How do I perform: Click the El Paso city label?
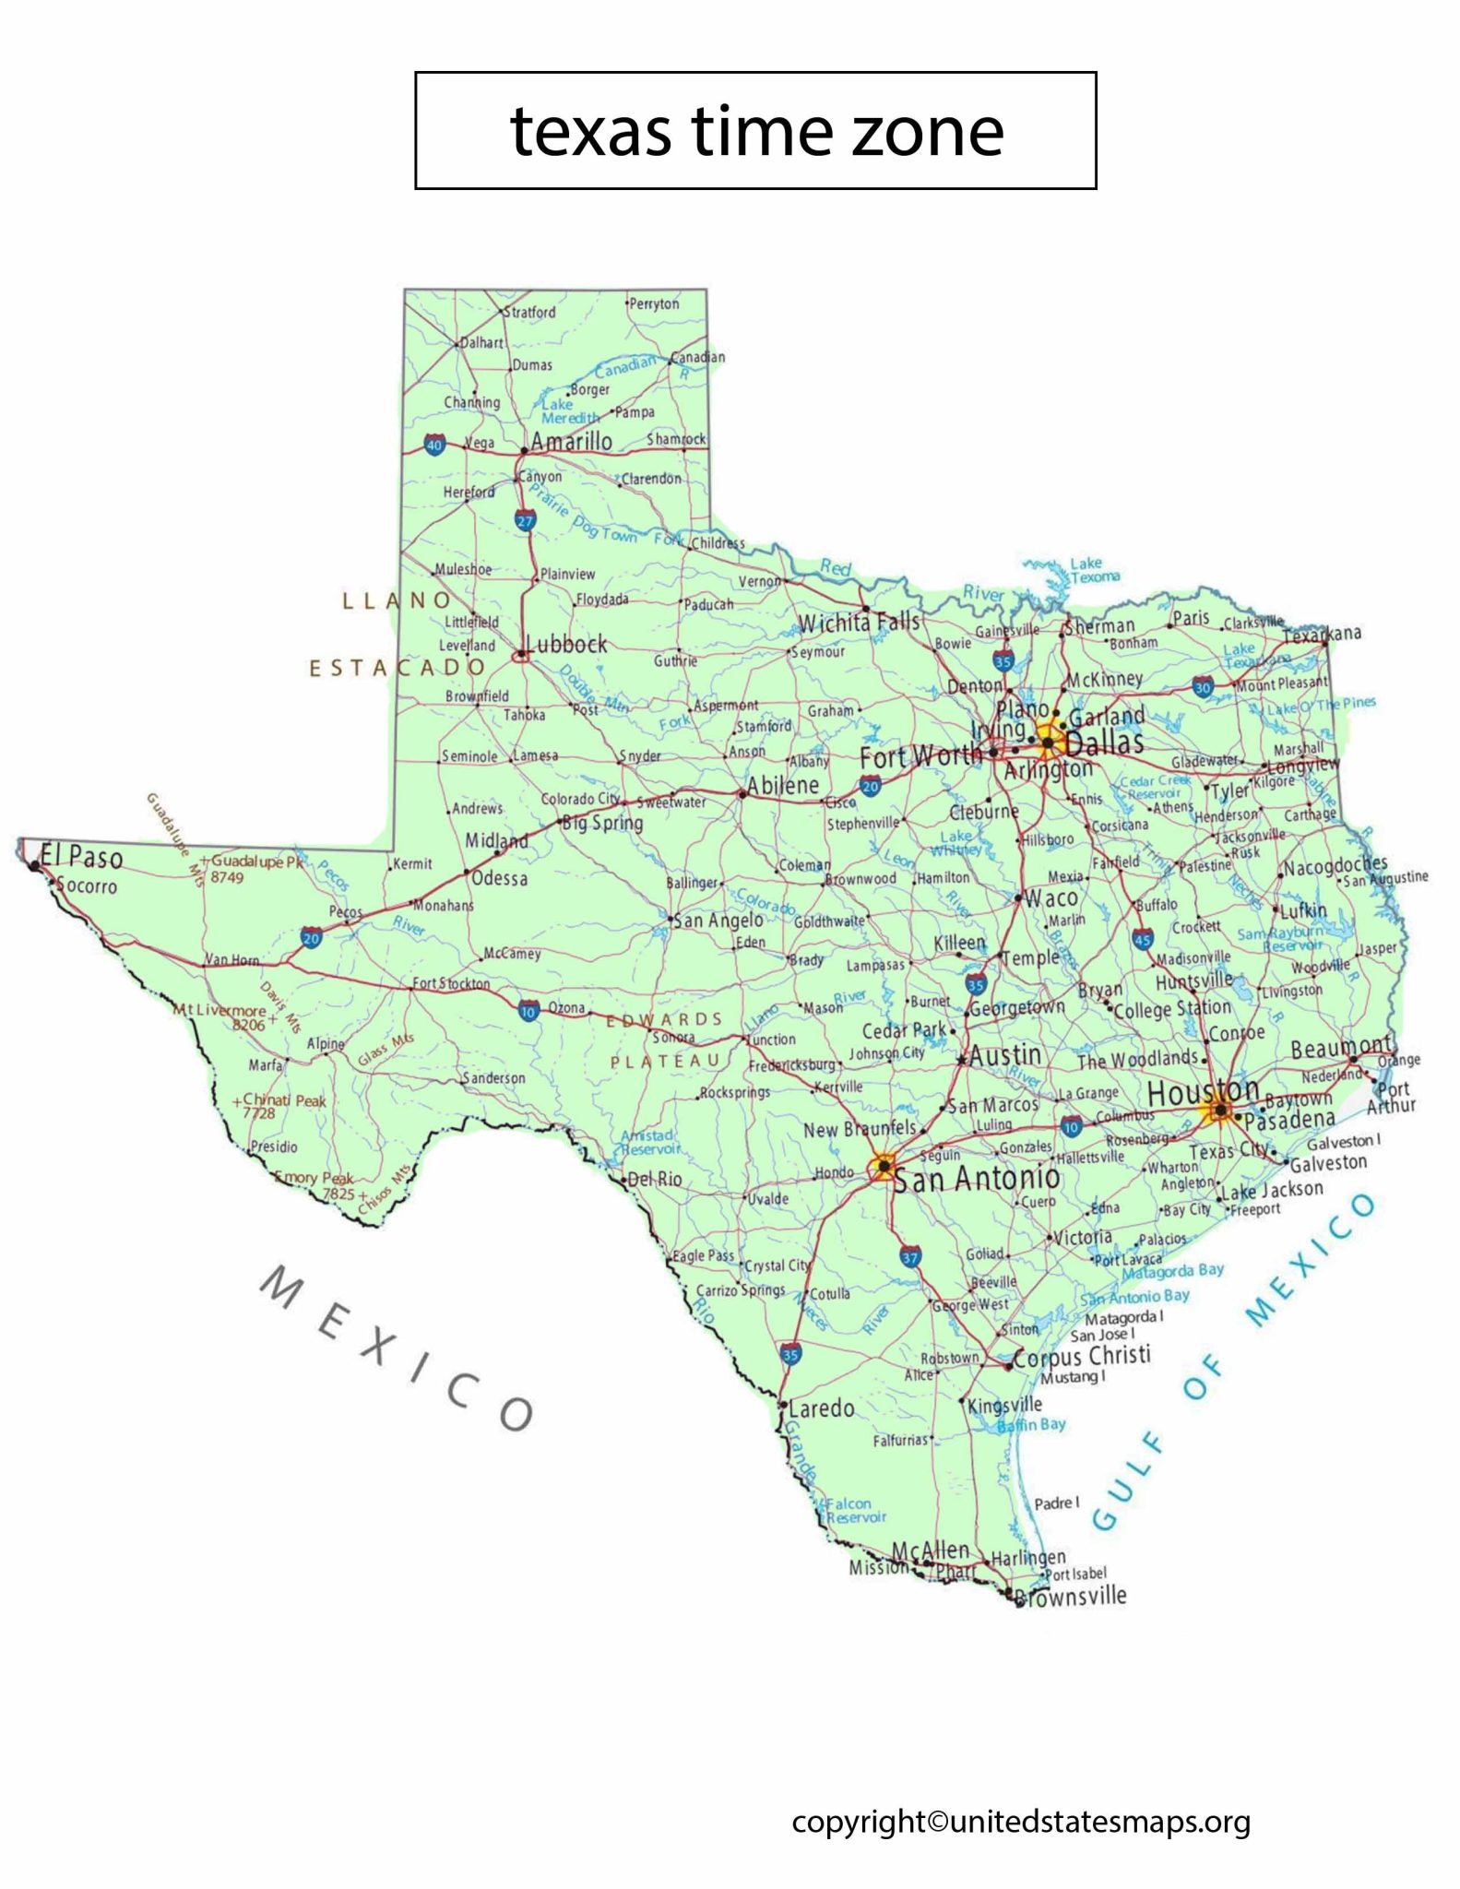82,857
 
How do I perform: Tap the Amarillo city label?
571,442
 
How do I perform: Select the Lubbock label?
566,644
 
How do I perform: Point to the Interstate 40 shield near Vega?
434,445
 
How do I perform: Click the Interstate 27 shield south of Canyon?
525,520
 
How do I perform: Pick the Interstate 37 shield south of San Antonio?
910,1256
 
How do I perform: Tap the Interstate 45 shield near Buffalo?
1143,939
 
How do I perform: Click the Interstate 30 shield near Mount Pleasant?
1202,687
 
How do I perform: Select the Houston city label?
1202,1091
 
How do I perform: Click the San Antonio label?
977,1179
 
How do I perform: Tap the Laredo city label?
821,1408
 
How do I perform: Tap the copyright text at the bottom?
1021,1822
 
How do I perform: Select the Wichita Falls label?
859,624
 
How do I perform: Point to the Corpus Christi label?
1082,1356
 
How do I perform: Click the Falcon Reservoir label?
855,1510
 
